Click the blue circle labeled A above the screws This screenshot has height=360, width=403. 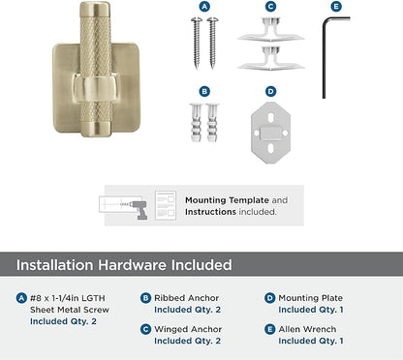pos(204,7)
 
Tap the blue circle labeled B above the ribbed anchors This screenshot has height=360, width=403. pos(204,92)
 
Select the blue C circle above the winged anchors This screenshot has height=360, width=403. pos(270,7)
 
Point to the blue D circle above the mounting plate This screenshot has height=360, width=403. pos(270,92)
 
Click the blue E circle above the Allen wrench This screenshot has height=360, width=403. pos(336,7)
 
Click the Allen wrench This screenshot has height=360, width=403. pos(324,58)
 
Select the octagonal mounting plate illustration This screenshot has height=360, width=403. pos(270,133)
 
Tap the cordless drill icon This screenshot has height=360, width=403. pos(139,208)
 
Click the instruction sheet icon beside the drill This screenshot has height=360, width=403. pos(166,205)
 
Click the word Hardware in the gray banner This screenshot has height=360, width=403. pos(132,265)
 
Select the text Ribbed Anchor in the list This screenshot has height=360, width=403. pos(186,298)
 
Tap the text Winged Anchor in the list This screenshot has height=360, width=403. pos(188,329)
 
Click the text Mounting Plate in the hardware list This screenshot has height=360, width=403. pos(310,298)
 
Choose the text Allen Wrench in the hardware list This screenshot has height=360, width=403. pos(307,329)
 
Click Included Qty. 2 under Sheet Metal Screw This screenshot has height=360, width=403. pos(63,321)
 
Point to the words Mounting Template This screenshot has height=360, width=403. pos(227,200)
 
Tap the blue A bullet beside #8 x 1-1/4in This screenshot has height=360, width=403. pos(21,298)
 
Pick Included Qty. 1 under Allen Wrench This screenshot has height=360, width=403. pos(311,341)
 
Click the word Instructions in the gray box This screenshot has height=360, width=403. pos(210,212)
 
